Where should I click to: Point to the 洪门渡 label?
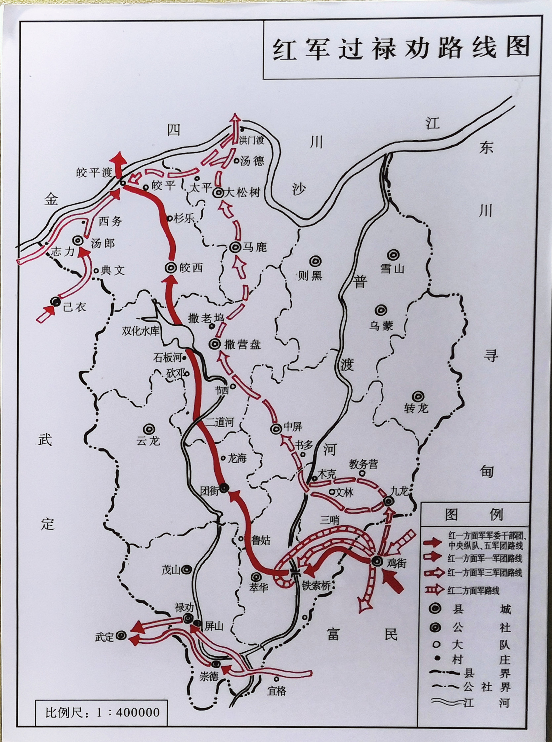tap(251, 140)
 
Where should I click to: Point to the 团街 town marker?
tap(224, 488)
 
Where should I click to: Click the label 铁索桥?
tap(316, 585)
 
